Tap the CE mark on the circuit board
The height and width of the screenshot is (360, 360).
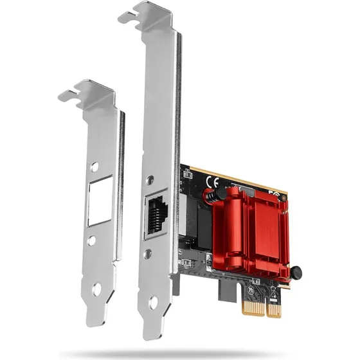point(210,182)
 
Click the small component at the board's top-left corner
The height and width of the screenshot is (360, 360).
point(187,174)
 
